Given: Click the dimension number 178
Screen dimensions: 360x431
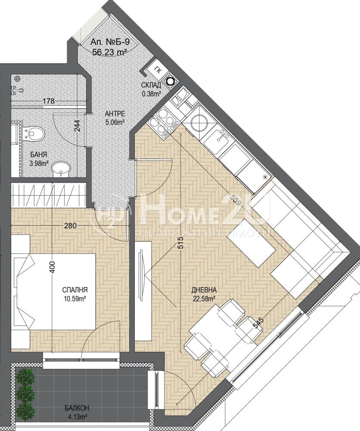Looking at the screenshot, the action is coord(48,101).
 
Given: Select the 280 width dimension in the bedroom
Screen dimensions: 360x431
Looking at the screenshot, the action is coord(70,226).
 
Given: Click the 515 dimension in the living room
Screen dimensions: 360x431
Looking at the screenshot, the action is coord(180,243).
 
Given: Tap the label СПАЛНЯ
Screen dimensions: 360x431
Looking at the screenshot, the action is coord(75,290).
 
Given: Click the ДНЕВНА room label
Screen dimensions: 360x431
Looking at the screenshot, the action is coord(204,290).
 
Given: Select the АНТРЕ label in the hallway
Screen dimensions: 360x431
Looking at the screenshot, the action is coord(115,113).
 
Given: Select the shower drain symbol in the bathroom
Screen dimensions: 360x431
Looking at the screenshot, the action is coord(17,79).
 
